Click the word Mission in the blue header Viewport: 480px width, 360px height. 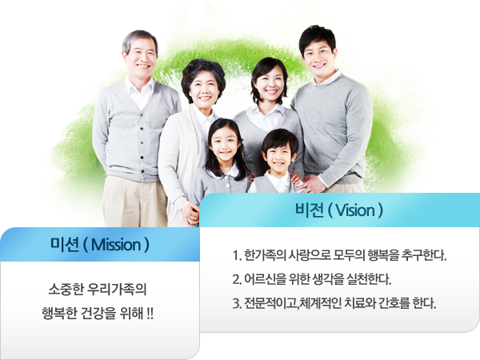pyautogui.click(x=116, y=245)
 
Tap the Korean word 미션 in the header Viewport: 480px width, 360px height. pyautogui.click(x=64, y=245)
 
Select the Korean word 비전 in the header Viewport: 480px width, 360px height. pyautogui.click(x=309, y=210)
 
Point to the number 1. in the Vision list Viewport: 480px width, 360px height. pyautogui.click(x=237, y=255)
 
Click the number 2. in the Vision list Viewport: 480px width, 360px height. pyautogui.click(x=237, y=279)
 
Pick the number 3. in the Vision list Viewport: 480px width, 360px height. pyautogui.click(x=237, y=303)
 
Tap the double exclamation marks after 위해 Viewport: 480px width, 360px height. pyautogui.click(x=150, y=314)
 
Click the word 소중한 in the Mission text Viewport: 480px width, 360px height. pyautogui.click(x=66, y=290)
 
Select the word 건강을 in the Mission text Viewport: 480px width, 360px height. pyautogui.click(x=98, y=314)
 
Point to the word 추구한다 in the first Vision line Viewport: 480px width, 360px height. pyautogui.click(x=424, y=255)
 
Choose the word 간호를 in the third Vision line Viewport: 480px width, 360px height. pyautogui.click(x=394, y=303)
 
